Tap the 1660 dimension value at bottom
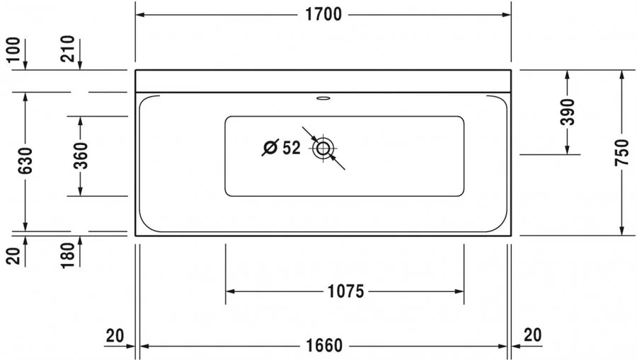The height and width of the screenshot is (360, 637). point(325,346)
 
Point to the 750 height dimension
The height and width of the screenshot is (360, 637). point(621,152)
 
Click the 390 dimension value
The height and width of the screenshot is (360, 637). point(567,112)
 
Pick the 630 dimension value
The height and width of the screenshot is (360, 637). point(25,161)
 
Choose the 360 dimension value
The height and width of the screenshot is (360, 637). point(81,155)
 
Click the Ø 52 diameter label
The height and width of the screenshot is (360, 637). point(281,148)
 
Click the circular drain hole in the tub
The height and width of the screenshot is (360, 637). point(323,149)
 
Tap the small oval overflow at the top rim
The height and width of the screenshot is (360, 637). point(323,98)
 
